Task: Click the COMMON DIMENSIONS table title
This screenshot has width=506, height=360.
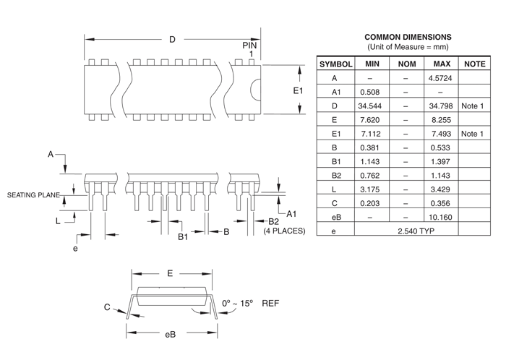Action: (x=408, y=37)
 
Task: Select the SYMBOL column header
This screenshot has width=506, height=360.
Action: (x=335, y=64)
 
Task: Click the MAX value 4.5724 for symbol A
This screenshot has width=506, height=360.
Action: (x=441, y=78)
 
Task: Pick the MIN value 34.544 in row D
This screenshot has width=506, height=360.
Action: (x=369, y=106)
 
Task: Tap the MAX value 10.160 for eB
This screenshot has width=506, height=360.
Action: (x=441, y=217)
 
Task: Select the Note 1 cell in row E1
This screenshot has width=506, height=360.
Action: (x=473, y=134)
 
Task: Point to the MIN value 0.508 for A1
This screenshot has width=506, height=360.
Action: (x=369, y=92)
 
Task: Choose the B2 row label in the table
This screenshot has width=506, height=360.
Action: (x=335, y=176)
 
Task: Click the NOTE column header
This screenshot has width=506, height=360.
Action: (x=474, y=64)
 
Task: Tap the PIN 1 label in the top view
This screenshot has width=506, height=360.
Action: (x=249, y=49)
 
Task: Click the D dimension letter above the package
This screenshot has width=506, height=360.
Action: (x=172, y=40)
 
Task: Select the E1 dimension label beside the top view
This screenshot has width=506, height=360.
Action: (x=298, y=90)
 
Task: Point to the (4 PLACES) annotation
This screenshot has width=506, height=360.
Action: (x=284, y=231)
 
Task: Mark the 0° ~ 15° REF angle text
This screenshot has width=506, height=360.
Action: (x=247, y=303)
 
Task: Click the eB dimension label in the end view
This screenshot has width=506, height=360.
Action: (x=170, y=334)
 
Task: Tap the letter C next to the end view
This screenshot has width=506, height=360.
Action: (x=107, y=307)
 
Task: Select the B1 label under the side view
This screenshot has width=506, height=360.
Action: (x=183, y=236)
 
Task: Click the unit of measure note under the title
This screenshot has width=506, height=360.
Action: (x=408, y=47)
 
